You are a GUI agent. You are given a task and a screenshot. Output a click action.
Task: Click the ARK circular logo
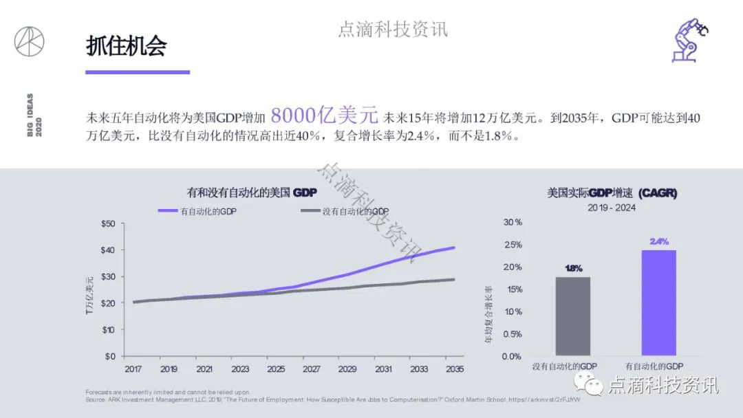[30, 41]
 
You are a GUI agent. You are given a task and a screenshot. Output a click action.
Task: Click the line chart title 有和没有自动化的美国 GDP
[252, 193]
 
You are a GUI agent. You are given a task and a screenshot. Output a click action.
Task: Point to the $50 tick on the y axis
[108, 223]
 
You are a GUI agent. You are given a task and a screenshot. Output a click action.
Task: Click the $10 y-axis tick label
[108, 330]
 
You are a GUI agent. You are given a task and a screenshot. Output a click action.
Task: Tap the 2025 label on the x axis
[276, 369]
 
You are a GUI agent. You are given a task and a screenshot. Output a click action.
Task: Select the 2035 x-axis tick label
[455, 369]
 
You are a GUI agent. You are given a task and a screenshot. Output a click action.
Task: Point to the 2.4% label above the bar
[659, 241]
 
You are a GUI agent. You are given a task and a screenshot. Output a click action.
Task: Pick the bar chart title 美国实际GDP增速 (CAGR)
[612, 193]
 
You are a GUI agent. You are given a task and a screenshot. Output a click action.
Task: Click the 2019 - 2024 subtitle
[612, 207]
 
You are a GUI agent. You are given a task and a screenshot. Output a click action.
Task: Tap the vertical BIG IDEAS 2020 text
[34, 115]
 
